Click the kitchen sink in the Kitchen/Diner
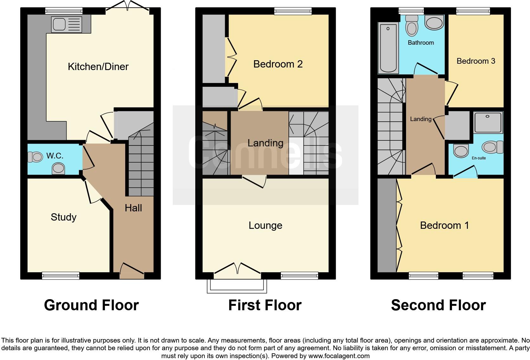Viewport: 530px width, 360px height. click(67, 24)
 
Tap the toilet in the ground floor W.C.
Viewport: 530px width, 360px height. click(35, 157)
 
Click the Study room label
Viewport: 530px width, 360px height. click(64, 217)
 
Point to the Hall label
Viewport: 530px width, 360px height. click(133, 208)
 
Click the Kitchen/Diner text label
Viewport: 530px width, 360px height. click(98, 67)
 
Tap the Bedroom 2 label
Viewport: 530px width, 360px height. click(278, 64)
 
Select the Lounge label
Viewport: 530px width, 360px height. click(265, 225)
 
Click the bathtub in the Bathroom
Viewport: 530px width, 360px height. click(388, 48)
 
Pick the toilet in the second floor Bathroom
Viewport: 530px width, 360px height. click(412, 26)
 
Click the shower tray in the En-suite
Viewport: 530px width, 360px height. click(488, 123)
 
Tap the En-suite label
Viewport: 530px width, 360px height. click(479, 158)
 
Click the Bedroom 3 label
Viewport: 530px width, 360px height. click(476, 61)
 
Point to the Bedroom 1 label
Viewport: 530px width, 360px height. click(444, 225)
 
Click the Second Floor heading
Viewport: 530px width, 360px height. click(438, 305)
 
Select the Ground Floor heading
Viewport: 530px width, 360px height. click(91, 305)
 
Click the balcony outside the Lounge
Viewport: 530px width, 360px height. click(237, 286)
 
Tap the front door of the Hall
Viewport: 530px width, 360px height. click(132, 271)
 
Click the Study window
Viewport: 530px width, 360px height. click(61, 276)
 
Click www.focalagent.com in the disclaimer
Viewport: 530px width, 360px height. click(339, 356)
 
